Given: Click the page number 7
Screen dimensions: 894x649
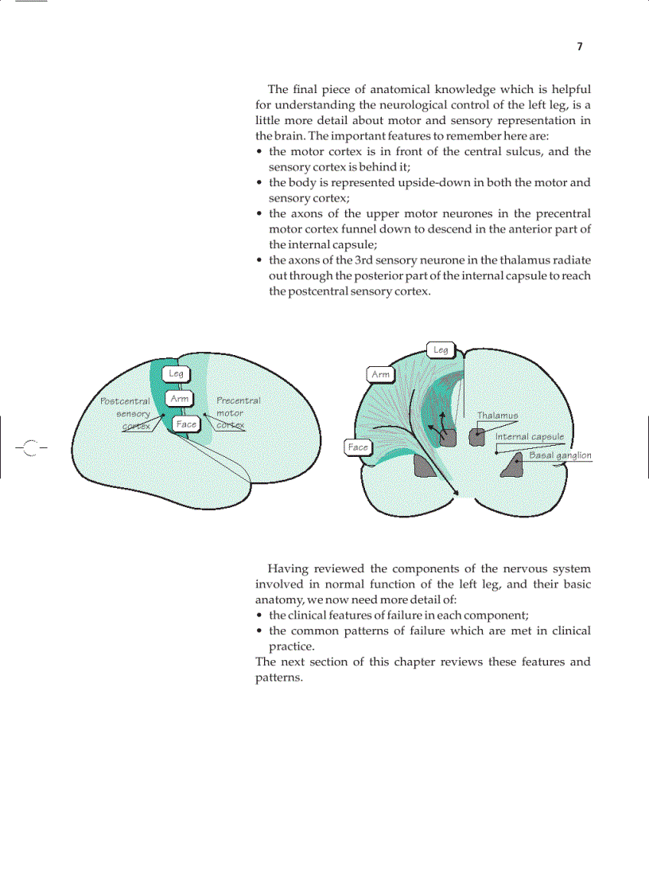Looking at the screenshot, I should pyautogui.click(x=579, y=47).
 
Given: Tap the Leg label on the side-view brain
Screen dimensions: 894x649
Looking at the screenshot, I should pyautogui.click(x=176, y=373).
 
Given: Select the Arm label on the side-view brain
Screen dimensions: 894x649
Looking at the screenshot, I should pyautogui.click(x=180, y=398).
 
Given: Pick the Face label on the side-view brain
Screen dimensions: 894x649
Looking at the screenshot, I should pyautogui.click(x=186, y=424).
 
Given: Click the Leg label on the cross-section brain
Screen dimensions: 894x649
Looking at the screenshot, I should pyautogui.click(x=441, y=349).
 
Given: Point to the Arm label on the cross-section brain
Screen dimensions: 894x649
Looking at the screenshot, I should pyautogui.click(x=381, y=374).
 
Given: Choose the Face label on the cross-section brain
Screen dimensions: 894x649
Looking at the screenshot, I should pyautogui.click(x=358, y=447).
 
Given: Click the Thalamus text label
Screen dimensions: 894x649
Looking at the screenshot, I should pyautogui.click(x=497, y=416).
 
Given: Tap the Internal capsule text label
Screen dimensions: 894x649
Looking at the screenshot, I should pyautogui.click(x=529, y=436).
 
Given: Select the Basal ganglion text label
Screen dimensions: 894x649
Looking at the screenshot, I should pyautogui.click(x=560, y=455).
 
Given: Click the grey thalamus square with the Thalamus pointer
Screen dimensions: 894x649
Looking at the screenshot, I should pyautogui.click(x=476, y=436).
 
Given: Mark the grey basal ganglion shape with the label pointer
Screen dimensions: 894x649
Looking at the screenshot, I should pyautogui.click(x=510, y=465).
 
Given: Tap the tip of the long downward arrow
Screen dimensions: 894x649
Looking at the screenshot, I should pyautogui.click(x=458, y=496).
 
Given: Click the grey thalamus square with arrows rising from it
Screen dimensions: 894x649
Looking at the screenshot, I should pyautogui.click(x=447, y=437).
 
